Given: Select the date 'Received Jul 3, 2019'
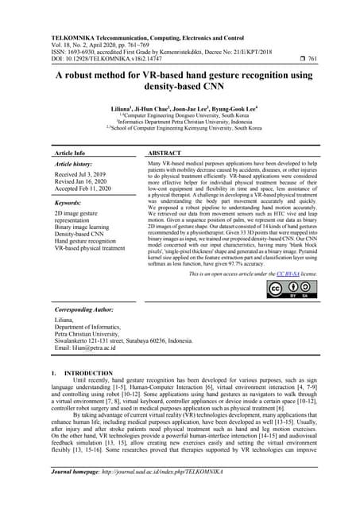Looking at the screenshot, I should click(81, 173).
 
